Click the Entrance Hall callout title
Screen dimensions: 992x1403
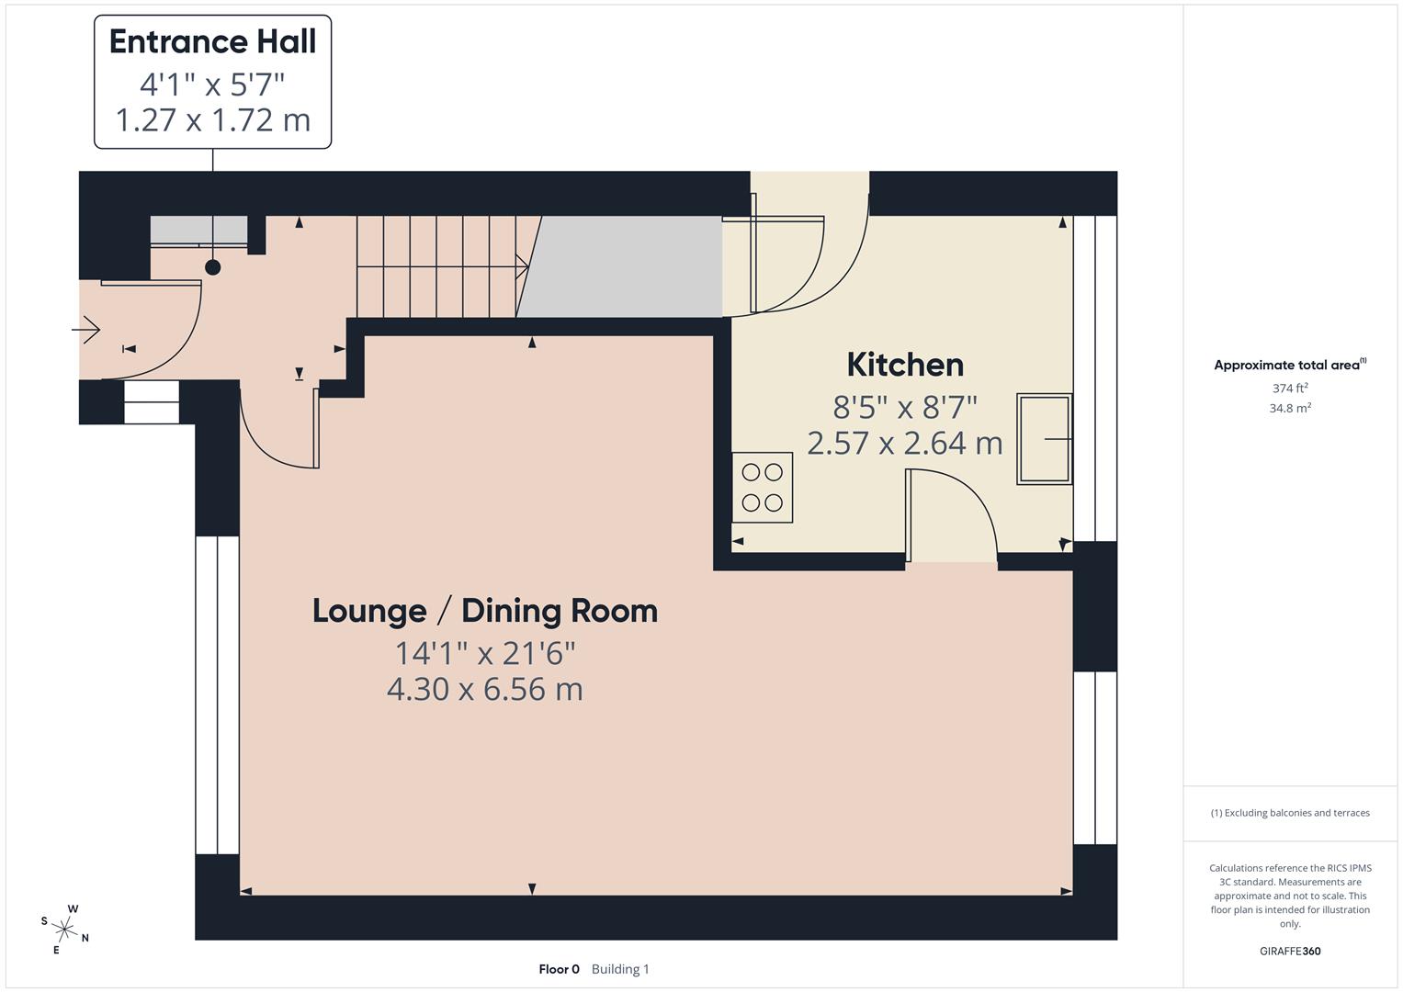pyautogui.click(x=212, y=42)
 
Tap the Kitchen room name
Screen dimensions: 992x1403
pyautogui.click(x=905, y=365)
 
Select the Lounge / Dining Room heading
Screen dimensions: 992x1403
pyautogui.click(x=485, y=611)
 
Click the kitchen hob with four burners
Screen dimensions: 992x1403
pyautogui.click(x=762, y=488)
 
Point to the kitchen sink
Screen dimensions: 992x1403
pyautogui.click(x=1044, y=439)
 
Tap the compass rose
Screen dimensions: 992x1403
pyautogui.click(x=65, y=929)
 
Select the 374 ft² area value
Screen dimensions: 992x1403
pyautogui.click(x=1290, y=388)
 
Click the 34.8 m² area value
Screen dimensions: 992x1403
pyautogui.click(x=1290, y=408)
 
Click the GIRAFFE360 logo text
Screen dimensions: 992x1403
pyautogui.click(x=1290, y=951)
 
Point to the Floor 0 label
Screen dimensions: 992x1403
pyautogui.click(x=559, y=969)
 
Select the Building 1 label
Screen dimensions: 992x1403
pyautogui.click(x=620, y=969)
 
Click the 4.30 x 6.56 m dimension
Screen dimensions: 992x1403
pyautogui.click(x=485, y=689)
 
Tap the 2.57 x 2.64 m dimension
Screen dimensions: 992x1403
pyautogui.click(x=905, y=443)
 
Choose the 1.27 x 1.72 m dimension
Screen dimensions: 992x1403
pyautogui.click(x=212, y=120)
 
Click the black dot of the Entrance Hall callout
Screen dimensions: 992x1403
pyautogui.click(x=213, y=267)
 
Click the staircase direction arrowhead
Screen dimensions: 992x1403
pyautogui.click(x=524, y=267)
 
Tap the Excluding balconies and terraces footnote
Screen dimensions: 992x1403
pyautogui.click(x=1290, y=813)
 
